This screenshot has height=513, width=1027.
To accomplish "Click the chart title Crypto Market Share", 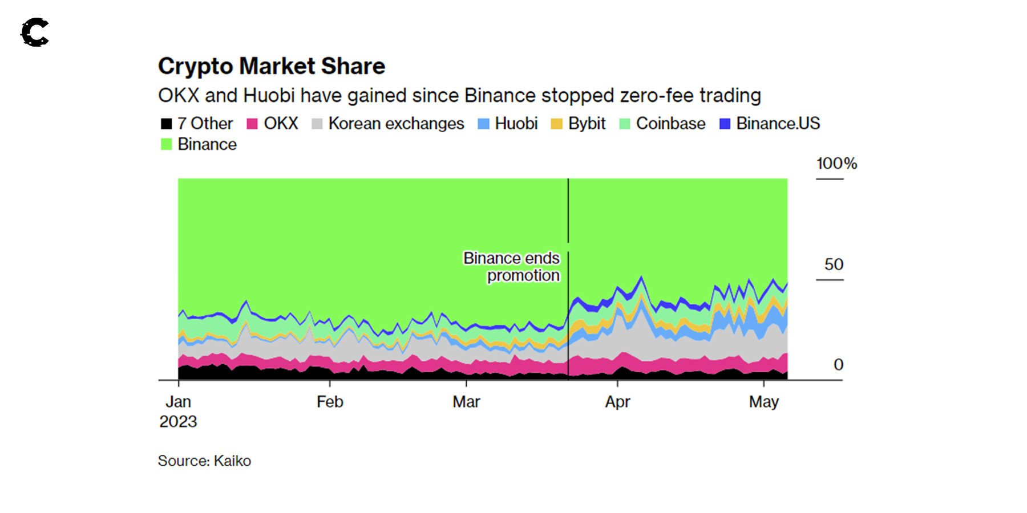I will pos(272,66).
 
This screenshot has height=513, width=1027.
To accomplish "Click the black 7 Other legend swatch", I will pos(166,124).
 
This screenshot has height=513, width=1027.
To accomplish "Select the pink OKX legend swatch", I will pos(252,124).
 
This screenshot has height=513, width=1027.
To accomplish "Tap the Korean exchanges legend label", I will pos(396,124).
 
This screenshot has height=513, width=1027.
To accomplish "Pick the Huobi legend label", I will pos(516,124).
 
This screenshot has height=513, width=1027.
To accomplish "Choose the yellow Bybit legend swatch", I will pos(556,124).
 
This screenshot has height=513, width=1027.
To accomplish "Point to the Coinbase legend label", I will pos(670,124).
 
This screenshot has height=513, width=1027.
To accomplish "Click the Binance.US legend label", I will pos(778,124).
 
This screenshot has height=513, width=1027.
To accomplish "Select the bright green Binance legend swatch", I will pos(166,144).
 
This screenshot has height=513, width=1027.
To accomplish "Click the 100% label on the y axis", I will pos(836,164).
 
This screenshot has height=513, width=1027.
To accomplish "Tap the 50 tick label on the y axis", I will pos(834,264).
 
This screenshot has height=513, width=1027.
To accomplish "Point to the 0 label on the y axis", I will pos(838,365).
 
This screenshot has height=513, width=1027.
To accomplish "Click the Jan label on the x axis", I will pos(178,402).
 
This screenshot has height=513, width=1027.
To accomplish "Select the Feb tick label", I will pos(330,402).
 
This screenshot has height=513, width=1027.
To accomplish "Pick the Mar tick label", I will pos(466,402).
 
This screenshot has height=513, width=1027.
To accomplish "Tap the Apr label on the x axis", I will pos(617,402).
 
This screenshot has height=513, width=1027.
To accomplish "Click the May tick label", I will pos(763,402).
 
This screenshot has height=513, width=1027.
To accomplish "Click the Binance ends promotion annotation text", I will pos(512,267).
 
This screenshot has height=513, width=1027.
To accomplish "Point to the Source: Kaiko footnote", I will pos(204,461).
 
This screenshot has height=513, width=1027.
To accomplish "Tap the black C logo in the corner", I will pos(35,32).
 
